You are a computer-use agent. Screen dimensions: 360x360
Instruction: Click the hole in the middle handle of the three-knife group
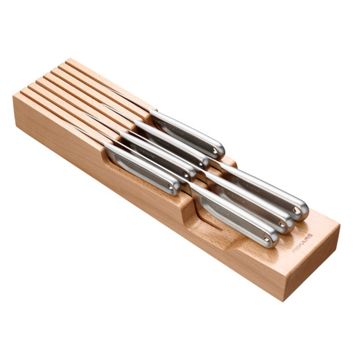click(282, 224)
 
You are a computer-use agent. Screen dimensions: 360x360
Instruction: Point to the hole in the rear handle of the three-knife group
click(298, 210)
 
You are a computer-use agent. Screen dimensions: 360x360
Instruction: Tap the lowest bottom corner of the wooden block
click(285, 301)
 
